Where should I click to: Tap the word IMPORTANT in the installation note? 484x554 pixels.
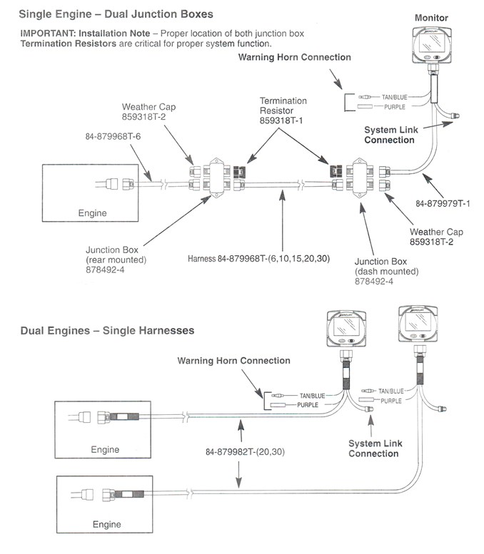pyautogui.click(x=47, y=34)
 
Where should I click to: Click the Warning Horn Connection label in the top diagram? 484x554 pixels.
pyautogui.click(x=295, y=57)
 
